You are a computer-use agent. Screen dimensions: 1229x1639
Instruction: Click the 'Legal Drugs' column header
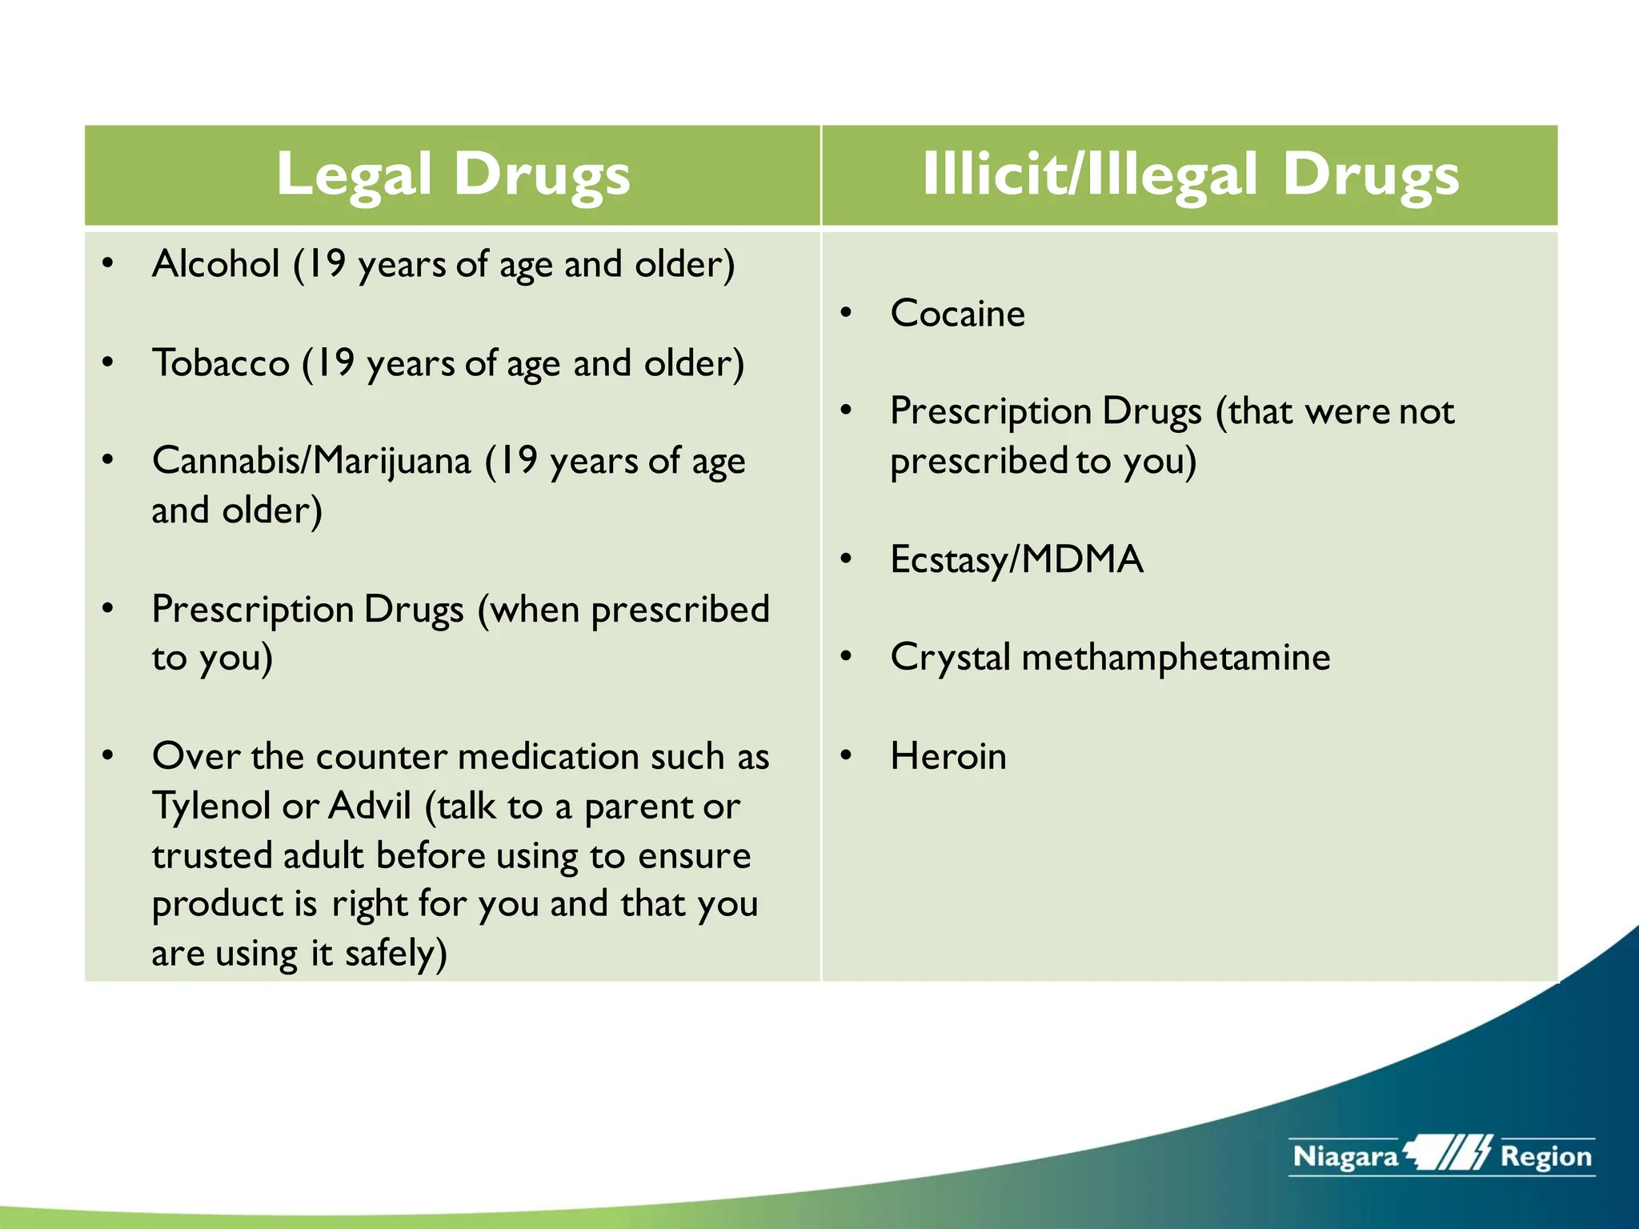pyautogui.click(x=453, y=174)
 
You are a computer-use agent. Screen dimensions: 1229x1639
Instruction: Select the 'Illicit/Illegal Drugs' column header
pyautogui.click(x=1190, y=174)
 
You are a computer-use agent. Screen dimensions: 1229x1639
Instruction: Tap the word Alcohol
pyautogui.click(x=216, y=264)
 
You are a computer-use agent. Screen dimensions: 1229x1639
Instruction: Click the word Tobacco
pyautogui.click(x=221, y=363)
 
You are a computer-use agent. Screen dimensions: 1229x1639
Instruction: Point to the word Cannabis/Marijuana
pyautogui.click(x=311, y=462)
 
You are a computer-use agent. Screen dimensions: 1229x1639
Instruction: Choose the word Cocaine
pyautogui.click(x=957, y=313)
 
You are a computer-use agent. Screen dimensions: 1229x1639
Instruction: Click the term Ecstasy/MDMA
pyautogui.click(x=1016, y=559)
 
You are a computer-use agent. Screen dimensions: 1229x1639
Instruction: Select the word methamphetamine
pyautogui.click(x=1176, y=658)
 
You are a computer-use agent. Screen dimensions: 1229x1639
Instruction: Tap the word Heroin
pyautogui.click(x=948, y=756)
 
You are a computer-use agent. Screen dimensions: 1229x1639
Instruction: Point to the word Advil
pyautogui.click(x=369, y=806)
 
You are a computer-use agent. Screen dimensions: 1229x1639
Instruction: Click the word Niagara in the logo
pyautogui.click(x=1345, y=1157)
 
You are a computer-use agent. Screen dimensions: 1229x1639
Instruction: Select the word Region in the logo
pyautogui.click(x=1546, y=1157)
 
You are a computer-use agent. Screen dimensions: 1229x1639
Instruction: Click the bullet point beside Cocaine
pyautogui.click(x=846, y=313)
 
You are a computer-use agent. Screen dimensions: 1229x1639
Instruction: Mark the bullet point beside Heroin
pyautogui.click(x=846, y=756)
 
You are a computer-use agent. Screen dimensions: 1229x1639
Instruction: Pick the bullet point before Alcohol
pyautogui.click(x=108, y=264)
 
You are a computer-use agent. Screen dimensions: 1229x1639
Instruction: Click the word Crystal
pyautogui.click(x=950, y=658)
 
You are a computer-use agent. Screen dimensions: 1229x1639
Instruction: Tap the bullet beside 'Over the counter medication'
pyautogui.click(x=108, y=756)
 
